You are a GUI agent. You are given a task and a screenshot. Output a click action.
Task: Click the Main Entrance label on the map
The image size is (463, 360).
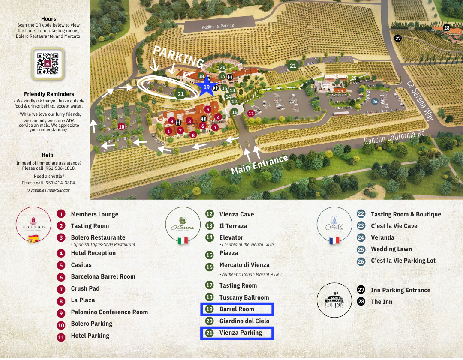(259, 165)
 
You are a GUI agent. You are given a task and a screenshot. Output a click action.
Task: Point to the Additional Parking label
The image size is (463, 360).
(218, 26)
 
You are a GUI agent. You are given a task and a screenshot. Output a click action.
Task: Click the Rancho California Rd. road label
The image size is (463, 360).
(394, 137)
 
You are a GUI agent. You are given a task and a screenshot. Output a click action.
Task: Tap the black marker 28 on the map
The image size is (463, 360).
(447, 28)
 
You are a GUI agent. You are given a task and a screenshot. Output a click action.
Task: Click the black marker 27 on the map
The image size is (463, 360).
(398, 38)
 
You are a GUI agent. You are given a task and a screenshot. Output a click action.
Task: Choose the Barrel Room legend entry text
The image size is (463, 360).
(237, 309)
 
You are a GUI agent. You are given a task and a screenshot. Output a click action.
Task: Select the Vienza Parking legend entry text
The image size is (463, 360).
(241, 333)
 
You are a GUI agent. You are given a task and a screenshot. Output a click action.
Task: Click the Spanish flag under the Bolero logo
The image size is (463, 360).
(33, 239)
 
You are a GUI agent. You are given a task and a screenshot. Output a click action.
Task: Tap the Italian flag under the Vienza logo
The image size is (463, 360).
(183, 240)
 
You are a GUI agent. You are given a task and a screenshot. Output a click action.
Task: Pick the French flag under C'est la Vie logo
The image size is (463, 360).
(334, 240)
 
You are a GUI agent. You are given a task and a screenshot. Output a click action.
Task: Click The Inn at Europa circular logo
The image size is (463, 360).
(334, 300)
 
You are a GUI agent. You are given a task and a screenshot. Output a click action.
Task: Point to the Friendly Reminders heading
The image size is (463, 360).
(49, 94)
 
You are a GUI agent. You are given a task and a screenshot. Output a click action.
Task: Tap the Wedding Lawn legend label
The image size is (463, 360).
(391, 249)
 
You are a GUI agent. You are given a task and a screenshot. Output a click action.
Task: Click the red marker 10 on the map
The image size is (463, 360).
(121, 126)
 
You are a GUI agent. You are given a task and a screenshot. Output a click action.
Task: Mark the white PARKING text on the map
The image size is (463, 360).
(178, 57)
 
